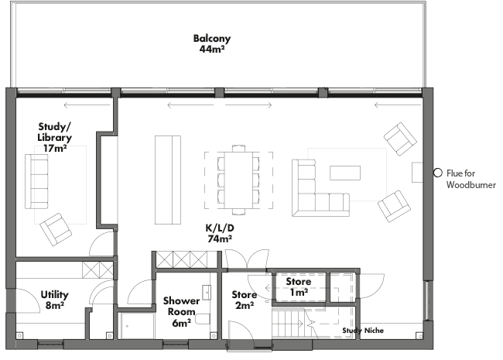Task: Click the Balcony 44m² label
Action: (212, 43)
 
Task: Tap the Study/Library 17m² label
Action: (54, 137)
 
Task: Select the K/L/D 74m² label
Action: (220, 233)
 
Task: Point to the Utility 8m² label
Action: (54, 300)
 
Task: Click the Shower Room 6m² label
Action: (181, 312)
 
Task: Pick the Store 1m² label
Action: (299, 286)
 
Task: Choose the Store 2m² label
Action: (245, 300)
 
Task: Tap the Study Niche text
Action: (363, 331)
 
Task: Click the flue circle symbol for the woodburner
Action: (437, 173)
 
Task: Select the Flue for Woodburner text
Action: (471, 179)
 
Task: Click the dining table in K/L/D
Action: (238, 180)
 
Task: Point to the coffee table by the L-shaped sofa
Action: (345, 173)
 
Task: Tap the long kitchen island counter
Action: (168, 180)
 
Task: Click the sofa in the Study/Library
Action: (36, 181)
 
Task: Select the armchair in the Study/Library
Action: (56, 229)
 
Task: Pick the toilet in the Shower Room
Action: (203, 319)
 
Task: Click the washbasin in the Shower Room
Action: (207, 292)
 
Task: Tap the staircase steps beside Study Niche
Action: (288, 323)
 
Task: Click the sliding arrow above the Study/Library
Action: (87, 105)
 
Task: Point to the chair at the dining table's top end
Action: (238, 148)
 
